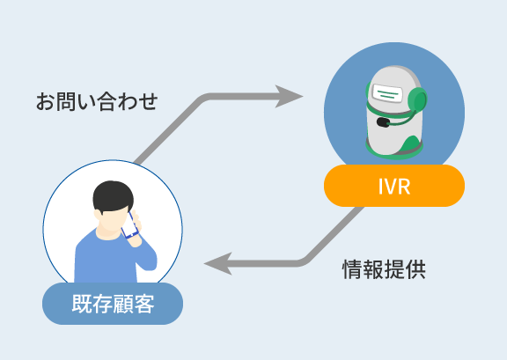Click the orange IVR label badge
coord(394,186)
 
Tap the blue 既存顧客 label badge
coord(113,304)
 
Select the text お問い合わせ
coord(97,101)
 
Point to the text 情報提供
coord(384,269)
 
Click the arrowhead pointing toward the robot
coord(289,97)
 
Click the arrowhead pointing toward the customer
coord(218,263)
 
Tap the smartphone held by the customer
coord(129,225)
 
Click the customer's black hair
coord(113,196)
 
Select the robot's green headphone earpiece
coord(417,101)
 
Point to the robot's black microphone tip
coord(384,122)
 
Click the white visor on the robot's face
coord(387,93)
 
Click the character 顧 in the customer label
coord(123,304)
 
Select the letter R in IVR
coord(404,187)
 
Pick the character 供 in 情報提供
coord(415,269)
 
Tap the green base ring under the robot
coord(394,155)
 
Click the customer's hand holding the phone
coord(136,228)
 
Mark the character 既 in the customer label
coord(82,304)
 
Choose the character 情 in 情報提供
coord(352,269)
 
